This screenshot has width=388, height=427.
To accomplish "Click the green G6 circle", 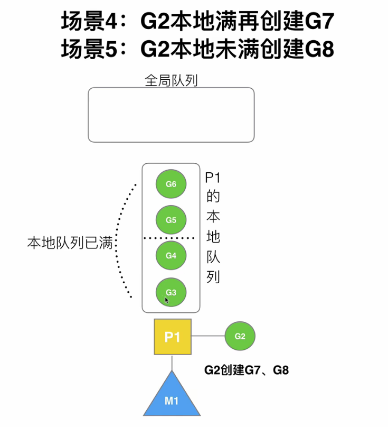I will (171, 184).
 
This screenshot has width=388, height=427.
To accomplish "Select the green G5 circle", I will (171, 220).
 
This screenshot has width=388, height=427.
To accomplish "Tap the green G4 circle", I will (171, 256).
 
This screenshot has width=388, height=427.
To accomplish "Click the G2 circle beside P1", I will (240, 336).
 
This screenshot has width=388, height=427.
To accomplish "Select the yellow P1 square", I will (172, 337).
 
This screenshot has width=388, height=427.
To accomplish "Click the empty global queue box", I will (171, 115).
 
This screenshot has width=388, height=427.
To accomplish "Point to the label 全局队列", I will (171, 80).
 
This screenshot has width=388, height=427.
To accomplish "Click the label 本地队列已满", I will (71, 243).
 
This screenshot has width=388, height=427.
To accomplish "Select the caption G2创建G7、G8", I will (247, 371).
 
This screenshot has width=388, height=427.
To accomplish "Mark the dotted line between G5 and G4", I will (171, 238).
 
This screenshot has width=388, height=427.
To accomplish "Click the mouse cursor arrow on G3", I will (166, 300).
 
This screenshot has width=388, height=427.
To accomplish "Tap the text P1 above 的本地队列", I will (213, 178).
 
